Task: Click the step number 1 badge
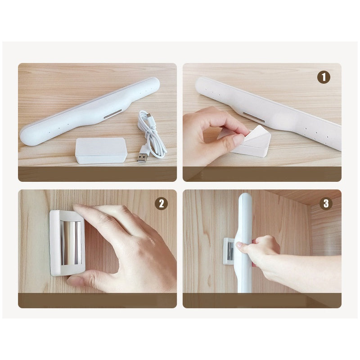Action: point(324,77)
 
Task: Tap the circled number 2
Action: point(162,203)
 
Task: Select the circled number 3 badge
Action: point(326,203)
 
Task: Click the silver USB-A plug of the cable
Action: point(142,157)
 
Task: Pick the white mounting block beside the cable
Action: point(101,150)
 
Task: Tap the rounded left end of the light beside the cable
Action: point(28,135)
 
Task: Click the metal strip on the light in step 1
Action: point(254,117)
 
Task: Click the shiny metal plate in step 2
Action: point(71,243)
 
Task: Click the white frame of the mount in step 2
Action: point(55,243)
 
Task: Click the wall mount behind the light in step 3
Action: point(229,251)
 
